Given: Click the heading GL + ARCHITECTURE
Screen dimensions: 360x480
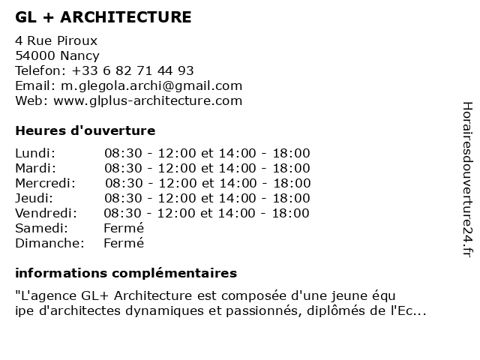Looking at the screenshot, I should pos(103,17).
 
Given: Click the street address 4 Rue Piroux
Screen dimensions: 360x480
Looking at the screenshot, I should pos(56,40).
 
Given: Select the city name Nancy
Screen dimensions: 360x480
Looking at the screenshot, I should pos(79,55).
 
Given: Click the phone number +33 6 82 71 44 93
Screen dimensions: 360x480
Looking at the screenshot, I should pos(133,70).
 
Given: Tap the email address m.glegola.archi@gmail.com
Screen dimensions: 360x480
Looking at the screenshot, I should pos(149,85).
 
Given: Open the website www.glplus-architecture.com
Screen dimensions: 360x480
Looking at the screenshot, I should pos(148,100).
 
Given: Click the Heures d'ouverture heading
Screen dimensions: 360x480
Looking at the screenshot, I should pos(85,130).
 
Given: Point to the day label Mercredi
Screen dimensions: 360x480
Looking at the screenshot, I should pos(45,183).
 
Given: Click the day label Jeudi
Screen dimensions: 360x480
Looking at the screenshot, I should pos(34,198).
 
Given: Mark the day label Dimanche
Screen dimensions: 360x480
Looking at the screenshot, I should pos(49,243).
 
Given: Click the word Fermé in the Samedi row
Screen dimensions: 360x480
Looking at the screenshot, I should pos(124,228).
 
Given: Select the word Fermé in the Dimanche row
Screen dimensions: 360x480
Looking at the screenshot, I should pos(124,243).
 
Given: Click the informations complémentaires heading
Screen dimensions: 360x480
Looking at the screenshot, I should pos(125,273).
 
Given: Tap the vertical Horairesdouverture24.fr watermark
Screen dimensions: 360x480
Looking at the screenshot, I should pos(466,179).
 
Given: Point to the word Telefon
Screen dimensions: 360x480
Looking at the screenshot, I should pos(38,70).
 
